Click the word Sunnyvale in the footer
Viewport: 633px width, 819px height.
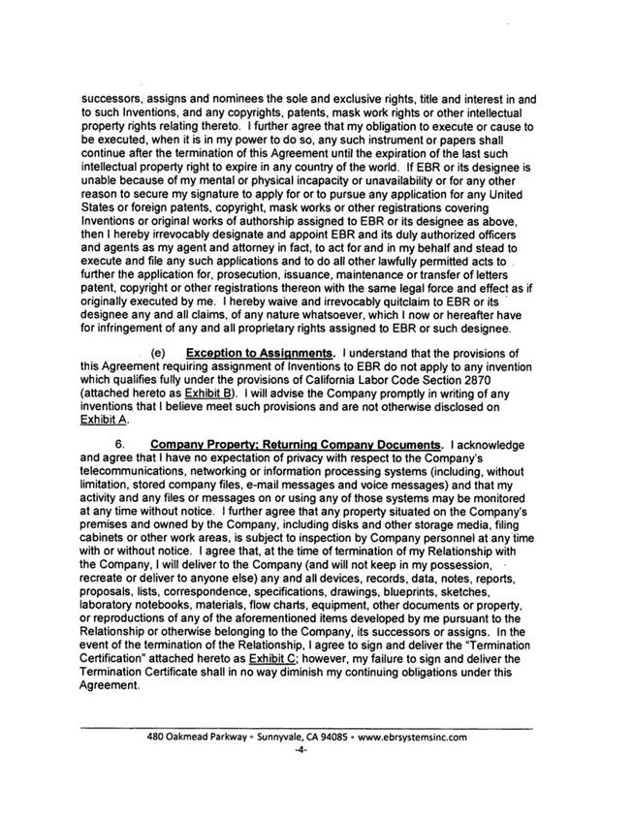coord(229,736)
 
